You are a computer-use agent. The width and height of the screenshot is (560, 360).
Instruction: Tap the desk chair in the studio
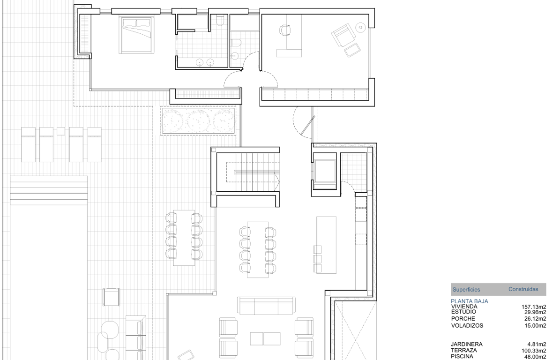coord(284,31)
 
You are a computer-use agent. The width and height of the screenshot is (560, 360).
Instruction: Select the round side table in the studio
coord(360,28)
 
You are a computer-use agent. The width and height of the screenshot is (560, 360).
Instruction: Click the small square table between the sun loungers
coord(60,131)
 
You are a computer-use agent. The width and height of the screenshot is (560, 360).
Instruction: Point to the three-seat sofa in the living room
coord(266,306)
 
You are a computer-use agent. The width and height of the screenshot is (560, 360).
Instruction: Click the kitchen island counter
coord(327,245)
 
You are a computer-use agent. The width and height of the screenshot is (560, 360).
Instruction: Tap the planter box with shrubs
coord(198,121)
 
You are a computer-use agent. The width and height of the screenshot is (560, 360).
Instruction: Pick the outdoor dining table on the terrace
coord(184,237)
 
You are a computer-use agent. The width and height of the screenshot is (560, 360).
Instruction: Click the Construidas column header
coord(523,290)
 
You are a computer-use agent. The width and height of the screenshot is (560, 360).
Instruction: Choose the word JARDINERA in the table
coord(467,345)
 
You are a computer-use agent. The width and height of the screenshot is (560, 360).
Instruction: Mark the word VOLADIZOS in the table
coord(467,325)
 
